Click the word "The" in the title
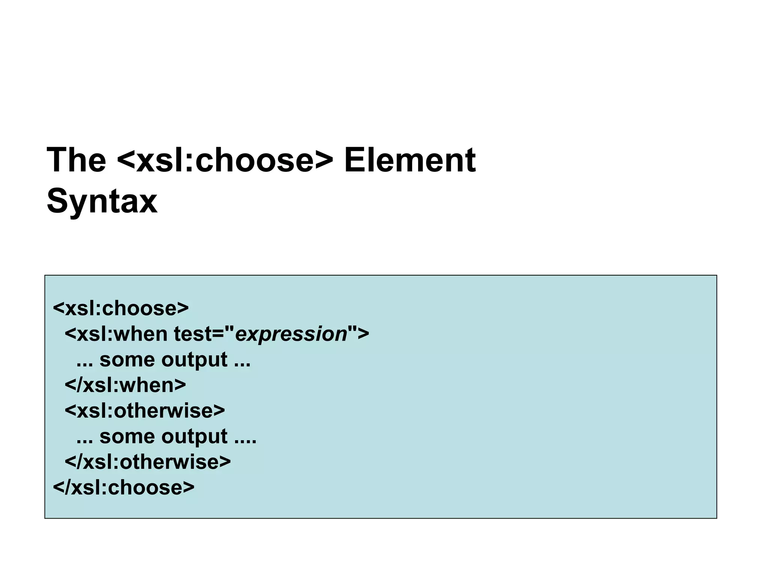[76, 160]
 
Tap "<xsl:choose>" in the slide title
[225, 160]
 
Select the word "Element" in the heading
[409, 160]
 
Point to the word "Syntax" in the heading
[102, 201]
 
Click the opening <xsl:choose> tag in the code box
[121, 308]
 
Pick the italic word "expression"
[291, 334]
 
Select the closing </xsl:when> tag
[125, 385]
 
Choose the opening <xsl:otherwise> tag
[145, 411]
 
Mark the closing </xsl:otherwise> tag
[148, 462]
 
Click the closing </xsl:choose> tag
[124, 487]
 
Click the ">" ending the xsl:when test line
[363, 334]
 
